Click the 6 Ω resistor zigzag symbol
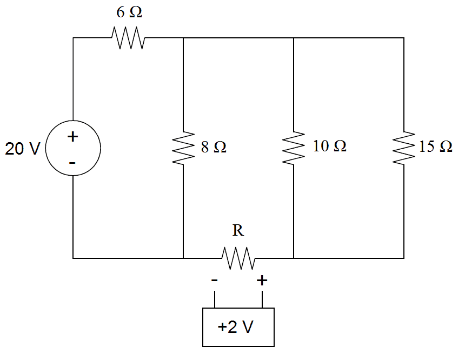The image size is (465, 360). click(128, 38)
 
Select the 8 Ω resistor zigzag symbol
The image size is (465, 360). click(183, 148)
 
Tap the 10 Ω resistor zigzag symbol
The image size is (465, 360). click(293, 148)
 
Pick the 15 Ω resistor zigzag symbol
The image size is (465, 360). click(404, 148)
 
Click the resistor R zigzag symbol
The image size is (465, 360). click(238, 258)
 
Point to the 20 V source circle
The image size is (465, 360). click(73, 148)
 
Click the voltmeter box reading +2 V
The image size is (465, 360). click(238, 327)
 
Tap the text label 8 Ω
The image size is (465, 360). click(214, 147)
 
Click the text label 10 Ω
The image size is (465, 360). click(330, 146)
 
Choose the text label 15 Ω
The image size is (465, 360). click(436, 147)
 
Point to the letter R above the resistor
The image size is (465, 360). click(238, 231)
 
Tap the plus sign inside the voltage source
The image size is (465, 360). click(72, 137)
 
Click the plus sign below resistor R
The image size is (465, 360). click(262, 280)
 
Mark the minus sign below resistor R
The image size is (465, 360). click(215, 281)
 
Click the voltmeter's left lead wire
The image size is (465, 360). click(215, 299)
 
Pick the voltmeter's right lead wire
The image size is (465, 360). click(262, 299)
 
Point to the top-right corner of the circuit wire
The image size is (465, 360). click(404, 38)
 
